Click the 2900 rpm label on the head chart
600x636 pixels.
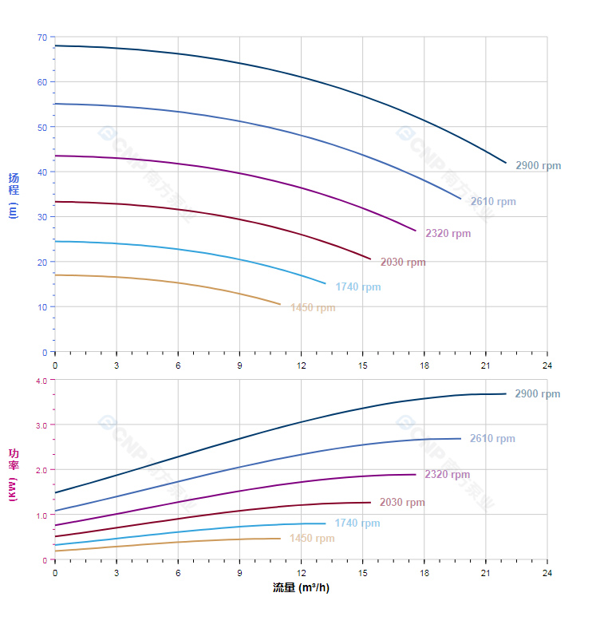pos(538,166)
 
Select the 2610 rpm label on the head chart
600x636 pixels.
pos(493,202)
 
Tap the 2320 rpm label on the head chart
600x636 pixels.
pos(448,234)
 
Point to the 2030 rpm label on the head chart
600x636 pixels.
pos(403,263)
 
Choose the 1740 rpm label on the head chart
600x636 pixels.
pos(357,287)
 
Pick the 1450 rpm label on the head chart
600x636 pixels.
pos(313,308)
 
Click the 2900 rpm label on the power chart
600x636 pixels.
pos(537,394)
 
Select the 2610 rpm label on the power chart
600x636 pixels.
pos(492,439)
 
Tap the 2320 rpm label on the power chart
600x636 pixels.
pos(447,475)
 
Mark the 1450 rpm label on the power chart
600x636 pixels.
pos(312,539)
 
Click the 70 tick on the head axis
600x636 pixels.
pos(41,38)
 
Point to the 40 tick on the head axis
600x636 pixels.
pos(41,172)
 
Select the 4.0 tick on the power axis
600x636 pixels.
pos(41,381)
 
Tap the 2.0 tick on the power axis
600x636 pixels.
pos(41,471)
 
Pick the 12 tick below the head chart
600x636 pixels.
pos(301,365)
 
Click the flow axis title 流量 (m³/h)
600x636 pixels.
pos(301,588)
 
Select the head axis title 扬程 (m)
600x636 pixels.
pos(14,196)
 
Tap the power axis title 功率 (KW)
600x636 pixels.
pos(14,475)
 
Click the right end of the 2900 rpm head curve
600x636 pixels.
pos(506,163)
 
